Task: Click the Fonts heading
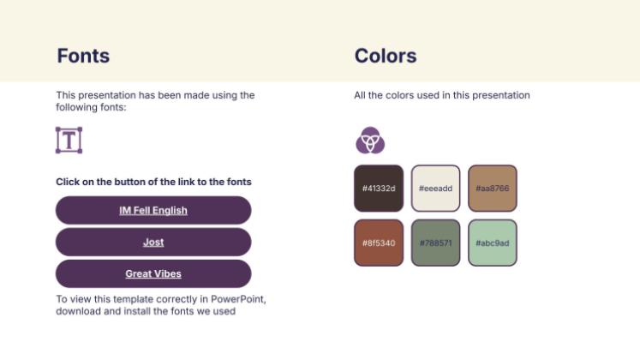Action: pos(83,57)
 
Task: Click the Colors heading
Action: pos(386,57)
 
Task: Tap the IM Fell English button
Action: pos(153,211)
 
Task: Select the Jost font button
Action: pos(153,243)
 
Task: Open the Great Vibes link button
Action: pos(153,274)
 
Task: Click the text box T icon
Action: pos(69,140)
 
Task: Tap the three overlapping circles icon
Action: pos(370,140)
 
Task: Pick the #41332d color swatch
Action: pos(379,188)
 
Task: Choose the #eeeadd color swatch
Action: pos(435,188)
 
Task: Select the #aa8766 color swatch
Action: pos(493,188)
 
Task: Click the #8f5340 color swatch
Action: pos(379,243)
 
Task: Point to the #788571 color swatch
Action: pos(435,243)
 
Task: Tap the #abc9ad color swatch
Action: pos(493,243)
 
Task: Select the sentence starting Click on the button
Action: pos(153,182)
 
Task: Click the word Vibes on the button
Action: pos(168,274)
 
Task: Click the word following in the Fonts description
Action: pos(78,107)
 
